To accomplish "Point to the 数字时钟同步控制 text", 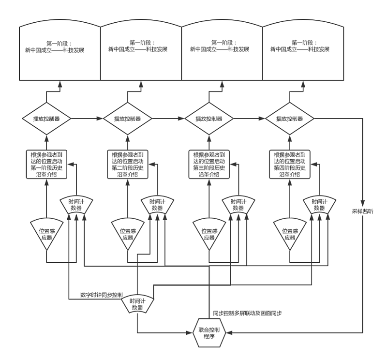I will click(102, 295).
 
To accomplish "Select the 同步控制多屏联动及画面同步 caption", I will click(247, 313).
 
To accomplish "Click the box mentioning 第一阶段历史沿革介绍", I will click(46, 165).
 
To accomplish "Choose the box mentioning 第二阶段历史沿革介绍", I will click(128, 165).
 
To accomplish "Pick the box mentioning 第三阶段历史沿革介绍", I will click(209, 165).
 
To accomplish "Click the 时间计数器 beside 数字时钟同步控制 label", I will click(138, 304).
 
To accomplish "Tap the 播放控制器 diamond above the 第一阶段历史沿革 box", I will click(46, 119).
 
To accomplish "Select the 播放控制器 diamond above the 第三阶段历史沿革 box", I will click(209, 119).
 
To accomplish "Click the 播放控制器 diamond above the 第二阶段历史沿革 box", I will click(128, 119).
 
